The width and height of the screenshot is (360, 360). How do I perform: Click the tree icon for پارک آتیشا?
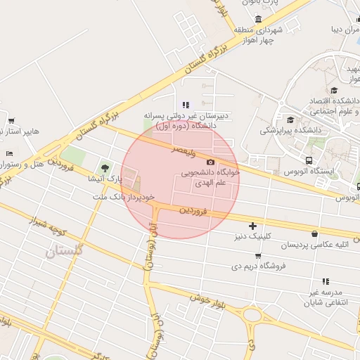coord(105,167)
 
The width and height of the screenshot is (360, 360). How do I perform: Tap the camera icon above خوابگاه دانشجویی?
coord(210,162)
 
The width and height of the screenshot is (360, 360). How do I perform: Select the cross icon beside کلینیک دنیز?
coord(252,225)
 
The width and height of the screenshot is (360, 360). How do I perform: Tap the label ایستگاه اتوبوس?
coord(309,171)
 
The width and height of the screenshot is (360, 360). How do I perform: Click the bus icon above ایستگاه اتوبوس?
coord(309,160)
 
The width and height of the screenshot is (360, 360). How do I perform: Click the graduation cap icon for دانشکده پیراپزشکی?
coord(290,119)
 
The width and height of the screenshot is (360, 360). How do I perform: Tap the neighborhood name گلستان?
coord(64,250)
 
